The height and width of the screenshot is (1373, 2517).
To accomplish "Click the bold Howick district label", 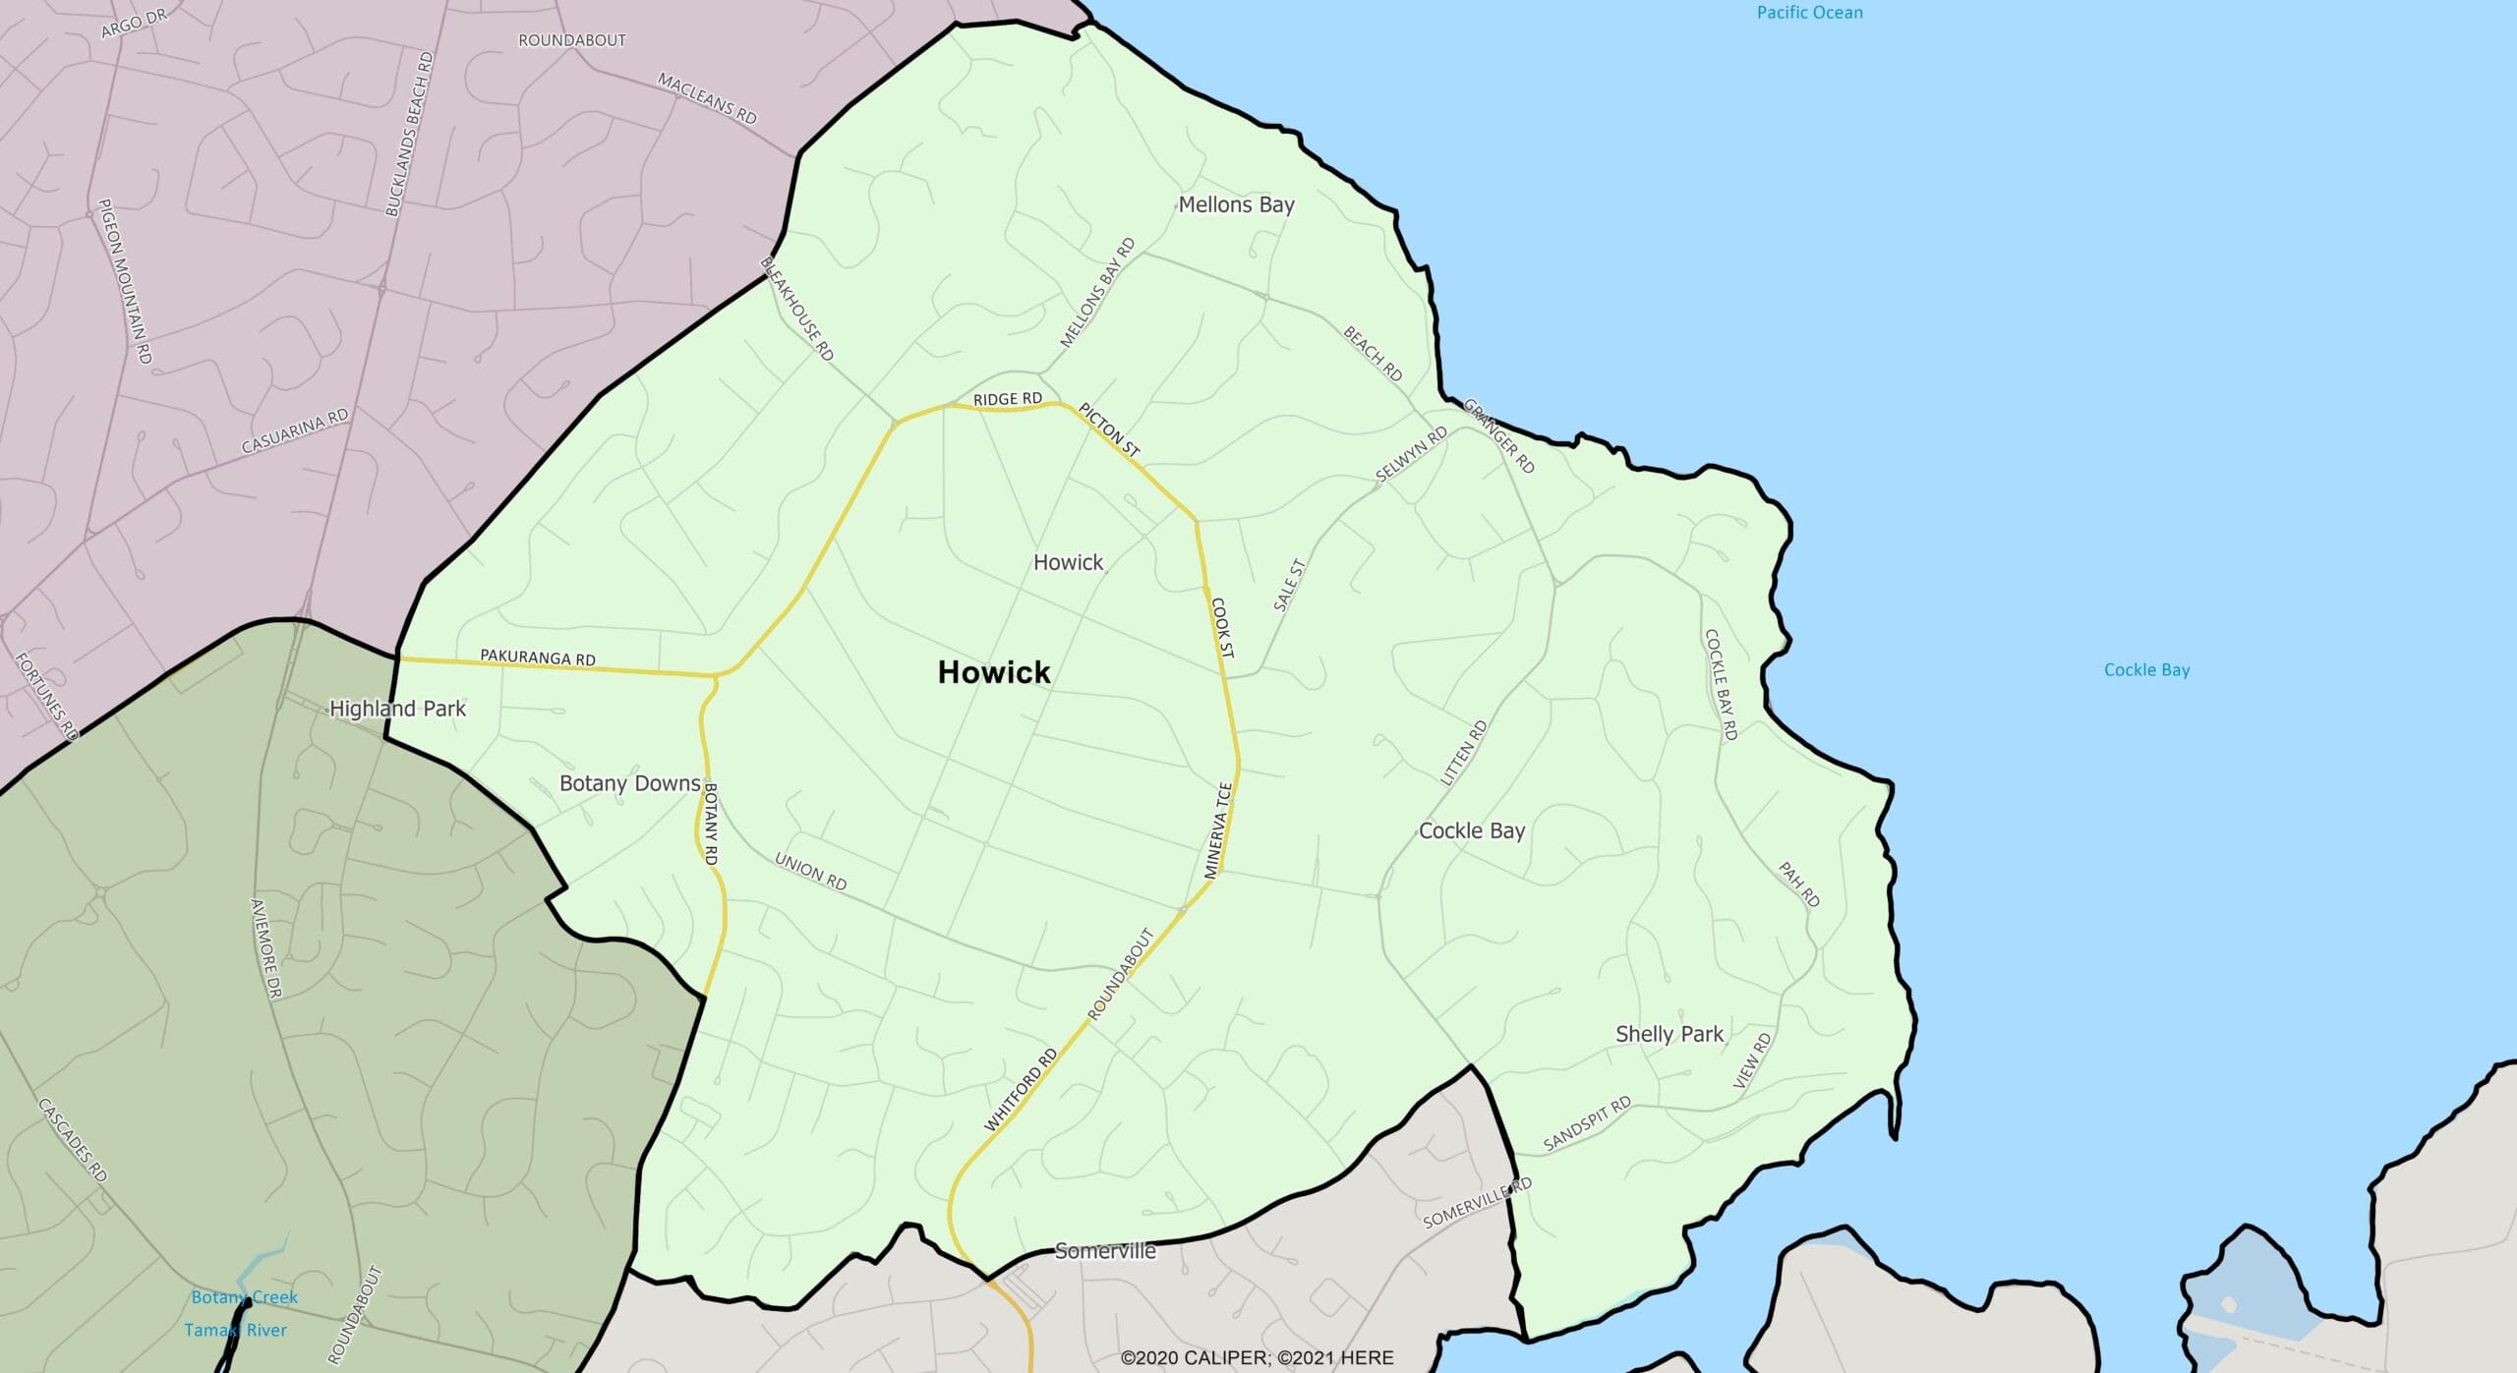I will pos(994,672).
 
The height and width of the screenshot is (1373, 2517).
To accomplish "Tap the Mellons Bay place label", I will pos(1236,204).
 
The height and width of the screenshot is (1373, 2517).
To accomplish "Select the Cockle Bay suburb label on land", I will pos(1471,830).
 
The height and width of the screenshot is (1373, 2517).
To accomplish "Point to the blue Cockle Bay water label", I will pos(2146,669).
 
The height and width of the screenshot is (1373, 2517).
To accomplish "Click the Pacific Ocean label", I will pos(1809,13).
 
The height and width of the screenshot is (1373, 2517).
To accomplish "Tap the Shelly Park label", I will pos(1668,1034).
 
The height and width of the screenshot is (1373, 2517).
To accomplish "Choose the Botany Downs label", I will pos(629,783).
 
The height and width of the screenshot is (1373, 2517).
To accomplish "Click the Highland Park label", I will pos(397,709).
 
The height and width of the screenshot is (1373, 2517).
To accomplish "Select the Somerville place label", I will pos(1105,1251).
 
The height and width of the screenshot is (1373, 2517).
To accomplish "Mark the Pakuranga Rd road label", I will pos(537,658).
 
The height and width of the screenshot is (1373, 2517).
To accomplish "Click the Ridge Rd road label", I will pos(1007,399).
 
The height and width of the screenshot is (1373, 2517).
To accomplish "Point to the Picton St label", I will pos(1109,429).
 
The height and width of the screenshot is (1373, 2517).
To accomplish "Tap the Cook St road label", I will pos(1222,627).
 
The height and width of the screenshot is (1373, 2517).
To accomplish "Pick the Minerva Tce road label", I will pos(1218,830).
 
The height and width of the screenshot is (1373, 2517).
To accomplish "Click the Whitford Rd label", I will pos(1021,1089).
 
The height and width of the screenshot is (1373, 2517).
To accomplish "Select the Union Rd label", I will pos(810,871).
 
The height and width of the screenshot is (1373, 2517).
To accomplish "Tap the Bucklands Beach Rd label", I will pos(409,134).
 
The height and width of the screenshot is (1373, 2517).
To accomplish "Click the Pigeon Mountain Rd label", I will pos(125,281).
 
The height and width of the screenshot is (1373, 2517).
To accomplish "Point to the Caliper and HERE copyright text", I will pos(1257,1357).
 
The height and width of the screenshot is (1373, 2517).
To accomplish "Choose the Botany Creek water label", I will pos(244,1297).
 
